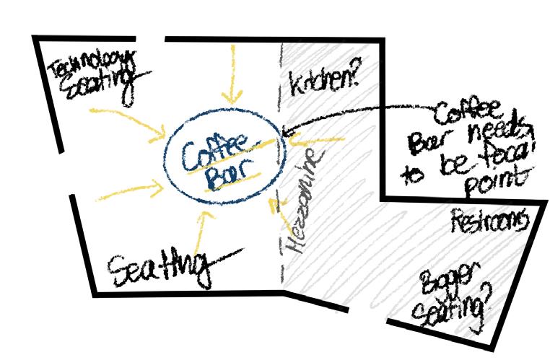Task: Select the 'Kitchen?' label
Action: [324, 83]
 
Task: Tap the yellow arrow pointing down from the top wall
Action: [230, 72]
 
